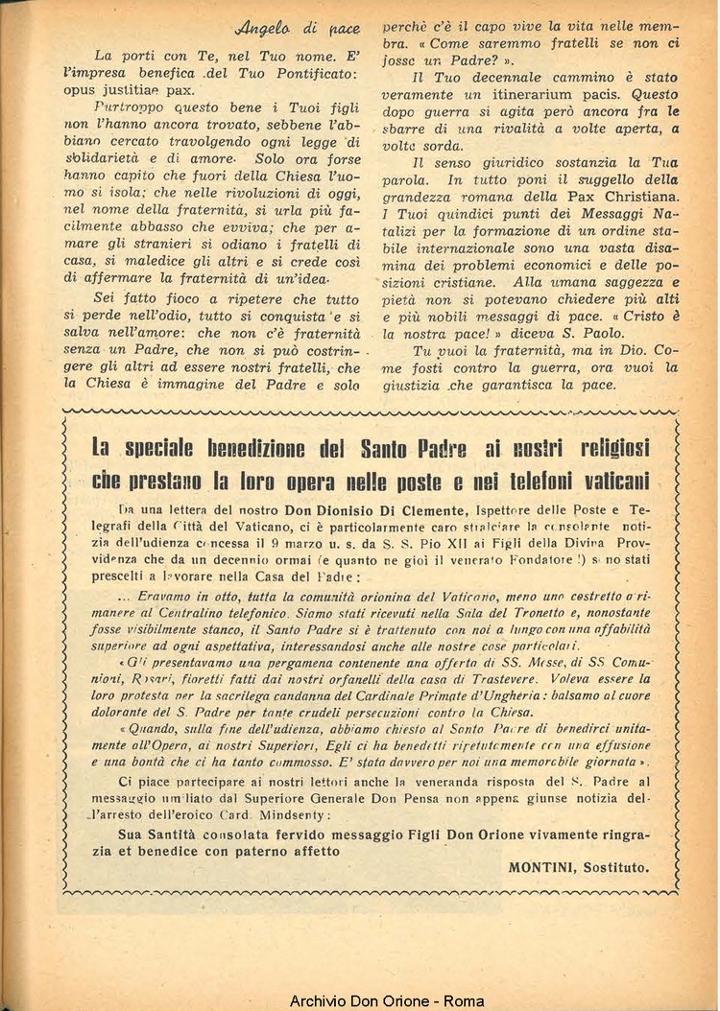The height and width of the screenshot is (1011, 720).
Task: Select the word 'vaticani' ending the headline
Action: (x=612, y=480)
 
